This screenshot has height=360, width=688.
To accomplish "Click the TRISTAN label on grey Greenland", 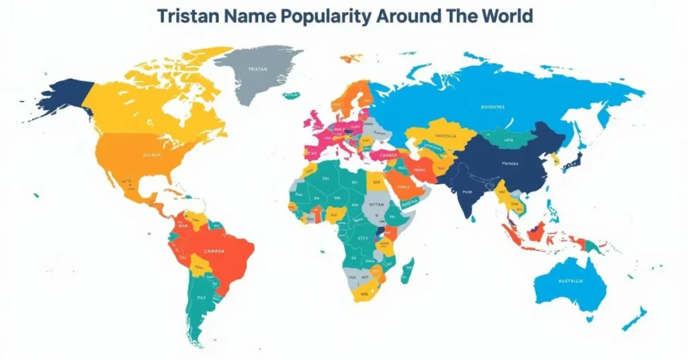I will pyautogui.click(x=257, y=69).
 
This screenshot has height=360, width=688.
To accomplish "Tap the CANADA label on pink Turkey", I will pyautogui.click(x=388, y=154).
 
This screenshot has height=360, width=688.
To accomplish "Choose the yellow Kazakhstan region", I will pyautogui.click(x=443, y=134).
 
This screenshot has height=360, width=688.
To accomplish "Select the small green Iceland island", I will pyautogui.click(x=291, y=95).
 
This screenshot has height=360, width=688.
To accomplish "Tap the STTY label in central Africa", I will pyautogui.click(x=363, y=238).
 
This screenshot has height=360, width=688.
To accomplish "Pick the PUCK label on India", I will pyautogui.click(x=469, y=191).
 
